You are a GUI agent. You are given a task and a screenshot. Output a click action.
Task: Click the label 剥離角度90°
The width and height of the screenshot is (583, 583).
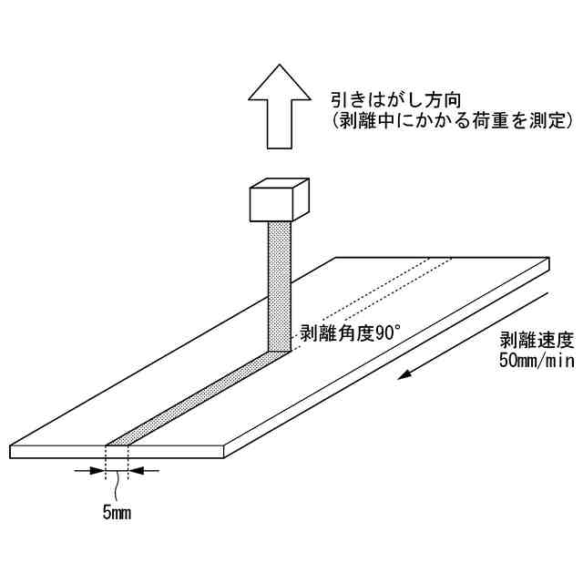(x=337, y=332)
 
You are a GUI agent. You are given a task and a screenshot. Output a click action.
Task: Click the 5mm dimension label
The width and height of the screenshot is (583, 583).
(x=117, y=513)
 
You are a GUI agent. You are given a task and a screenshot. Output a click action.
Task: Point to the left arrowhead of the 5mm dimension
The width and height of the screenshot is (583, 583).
(x=97, y=471)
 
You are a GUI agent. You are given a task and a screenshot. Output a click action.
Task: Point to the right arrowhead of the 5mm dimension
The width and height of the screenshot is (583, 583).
(x=137, y=471)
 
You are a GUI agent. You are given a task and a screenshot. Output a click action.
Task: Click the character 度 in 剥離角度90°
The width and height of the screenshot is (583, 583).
(x=349, y=332)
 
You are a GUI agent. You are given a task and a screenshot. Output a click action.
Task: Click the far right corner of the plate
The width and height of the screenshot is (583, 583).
(x=550, y=261)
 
